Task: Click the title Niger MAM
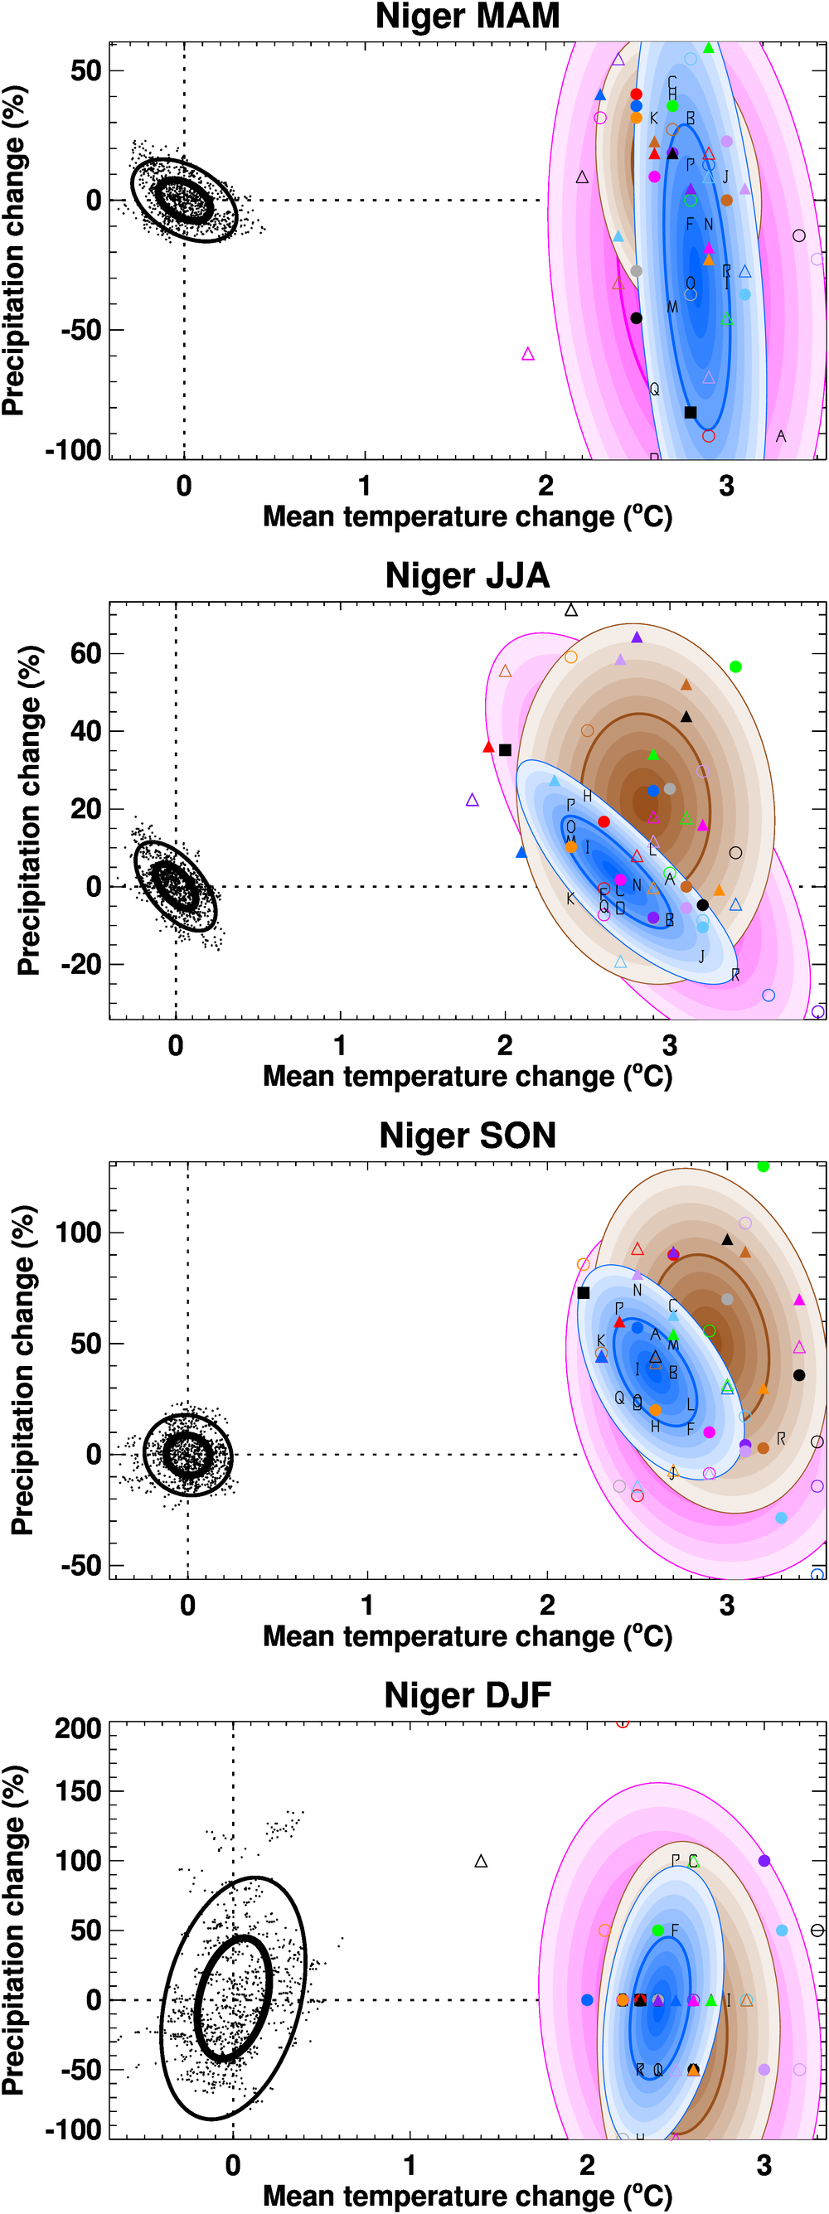pos(467,17)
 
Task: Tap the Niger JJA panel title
pos(467,576)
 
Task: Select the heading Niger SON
pos(467,1136)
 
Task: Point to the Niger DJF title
pos(467,1696)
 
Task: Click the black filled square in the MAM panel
pos(690,413)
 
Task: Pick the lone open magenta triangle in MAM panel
pos(528,354)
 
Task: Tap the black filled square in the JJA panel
pos(505,750)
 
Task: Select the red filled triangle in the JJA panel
pos(488,748)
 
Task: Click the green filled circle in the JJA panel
pos(735,667)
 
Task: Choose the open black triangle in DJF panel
pos(481,1862)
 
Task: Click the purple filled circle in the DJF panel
pos(764,1861)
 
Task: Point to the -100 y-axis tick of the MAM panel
pos(74,449)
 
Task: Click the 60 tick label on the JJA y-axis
pos(86,653)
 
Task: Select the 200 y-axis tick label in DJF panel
pos(78,1728)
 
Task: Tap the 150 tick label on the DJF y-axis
pos(78,1791)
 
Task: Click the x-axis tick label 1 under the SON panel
pos(367,1605)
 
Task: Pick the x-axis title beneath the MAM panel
pos(467,516)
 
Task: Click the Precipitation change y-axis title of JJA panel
pos(28,811)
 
